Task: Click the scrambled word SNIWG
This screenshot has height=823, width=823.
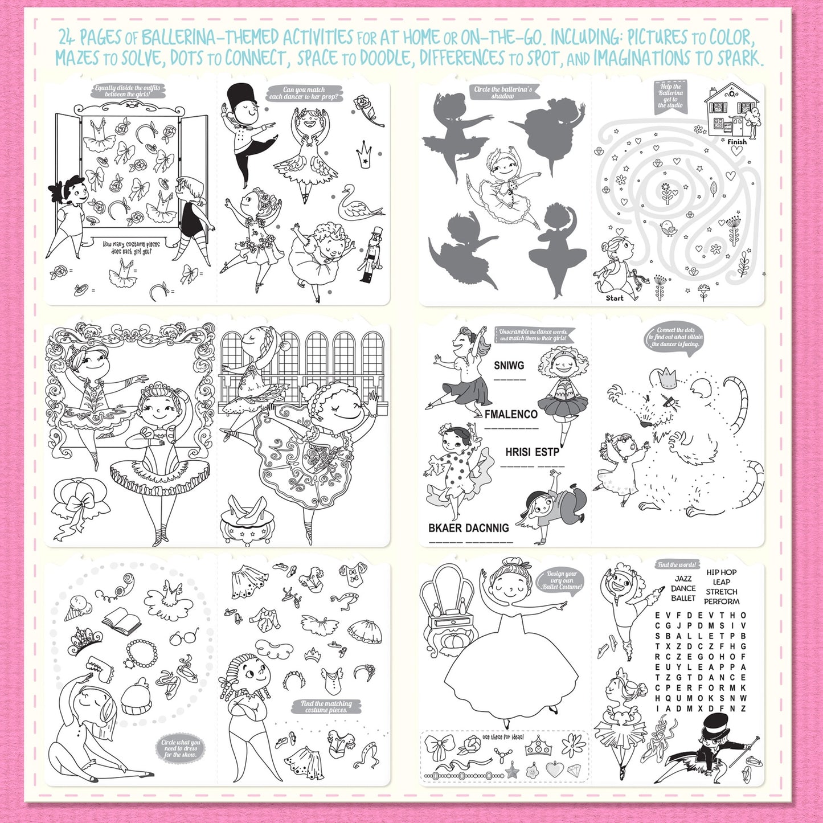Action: pos(509,366)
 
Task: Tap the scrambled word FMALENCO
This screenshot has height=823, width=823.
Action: pos(511,415)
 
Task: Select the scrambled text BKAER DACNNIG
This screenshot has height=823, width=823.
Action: pos(468,528)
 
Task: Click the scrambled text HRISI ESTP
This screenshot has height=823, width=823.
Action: pos(532,452)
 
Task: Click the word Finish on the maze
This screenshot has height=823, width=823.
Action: pos(736,142)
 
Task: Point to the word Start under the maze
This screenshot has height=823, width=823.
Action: pos(615,298)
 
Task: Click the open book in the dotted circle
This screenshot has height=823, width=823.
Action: pos(121,620)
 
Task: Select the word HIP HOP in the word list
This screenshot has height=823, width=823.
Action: pos(722,572)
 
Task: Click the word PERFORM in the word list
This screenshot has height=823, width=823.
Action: pos(722,601)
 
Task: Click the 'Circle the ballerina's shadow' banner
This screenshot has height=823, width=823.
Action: pos(502,92)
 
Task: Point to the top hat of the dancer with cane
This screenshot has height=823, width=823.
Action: pos(715,725)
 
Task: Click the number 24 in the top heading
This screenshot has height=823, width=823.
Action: pos(67,38)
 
